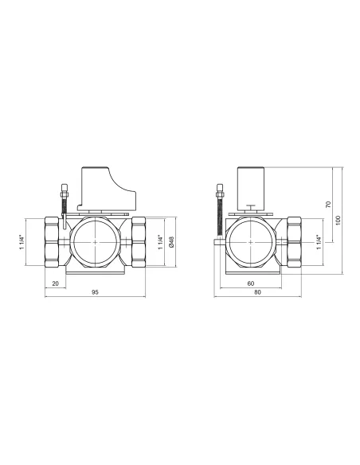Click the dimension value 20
click(x=56, y=283)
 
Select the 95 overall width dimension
click(x=95, y=292)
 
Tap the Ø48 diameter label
click(x=171, y=242)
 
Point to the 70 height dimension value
click(x=328, y=205)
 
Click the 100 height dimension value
click(x=338, y=220)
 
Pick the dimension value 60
click(x=251, y=283)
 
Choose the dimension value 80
click(x=258, y=292)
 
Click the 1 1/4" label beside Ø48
click(x=160, y=242)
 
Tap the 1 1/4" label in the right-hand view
click(x=319, y=242)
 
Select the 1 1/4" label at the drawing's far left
click(x=22, y=242)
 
